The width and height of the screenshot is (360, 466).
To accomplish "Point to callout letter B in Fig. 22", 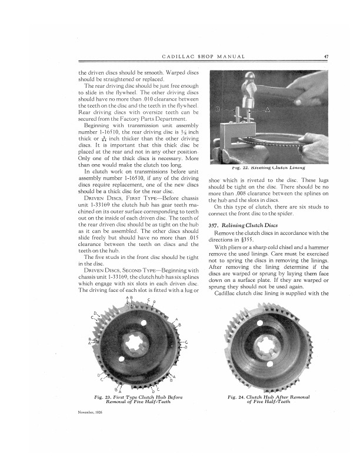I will click(x=219, y=109).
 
